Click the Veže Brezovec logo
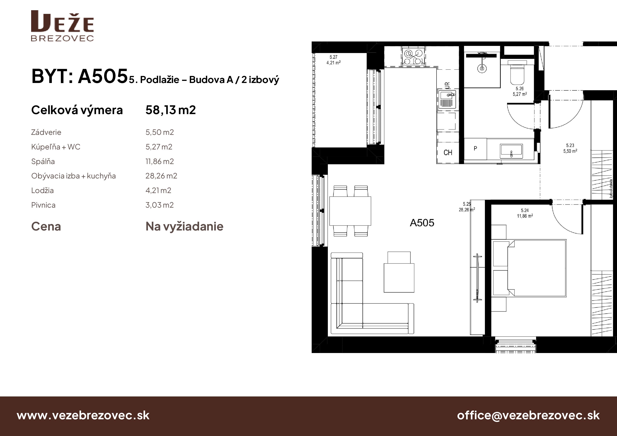tap(62, 26)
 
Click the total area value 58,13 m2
tap(171, 110)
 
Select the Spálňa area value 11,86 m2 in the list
tap(160, 161)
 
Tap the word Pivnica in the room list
tap(43, 205)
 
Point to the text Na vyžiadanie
tap(184, 226)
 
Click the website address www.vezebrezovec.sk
tap(83, 415)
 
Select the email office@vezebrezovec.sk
tap(528, 415)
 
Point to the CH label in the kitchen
tap(448, 153)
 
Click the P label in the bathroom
tap(475, 148)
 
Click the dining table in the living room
tap(350, 211)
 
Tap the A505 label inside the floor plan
tap(422, 223)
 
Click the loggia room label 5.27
tap(333, 57)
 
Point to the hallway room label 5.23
tap(570, 145)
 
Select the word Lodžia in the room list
tap(42, 190)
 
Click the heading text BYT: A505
tap(79, 76)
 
